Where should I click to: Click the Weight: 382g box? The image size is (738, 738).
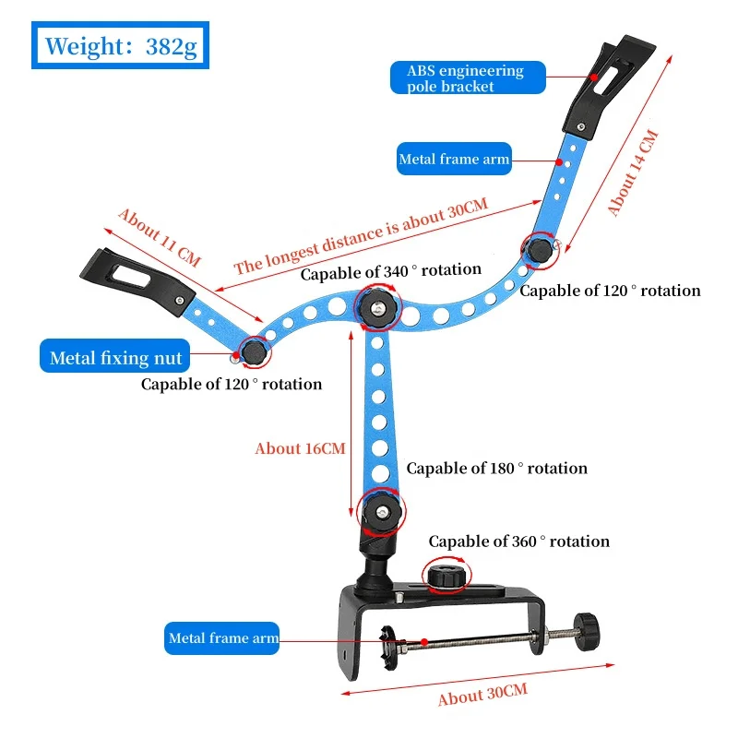point(121,45)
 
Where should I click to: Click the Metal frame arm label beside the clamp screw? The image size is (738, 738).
point(222,638)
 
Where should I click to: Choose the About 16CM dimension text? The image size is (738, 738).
point(300,448)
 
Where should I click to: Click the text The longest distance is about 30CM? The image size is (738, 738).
point(360,236)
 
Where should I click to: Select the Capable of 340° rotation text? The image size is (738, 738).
point(391,270)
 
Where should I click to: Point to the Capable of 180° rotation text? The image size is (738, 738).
point(496,469)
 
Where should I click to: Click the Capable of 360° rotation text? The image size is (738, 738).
point(518,542)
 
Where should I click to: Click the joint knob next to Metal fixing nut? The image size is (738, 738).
point(253,351)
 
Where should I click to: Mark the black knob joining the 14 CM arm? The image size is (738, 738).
point(538,249)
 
